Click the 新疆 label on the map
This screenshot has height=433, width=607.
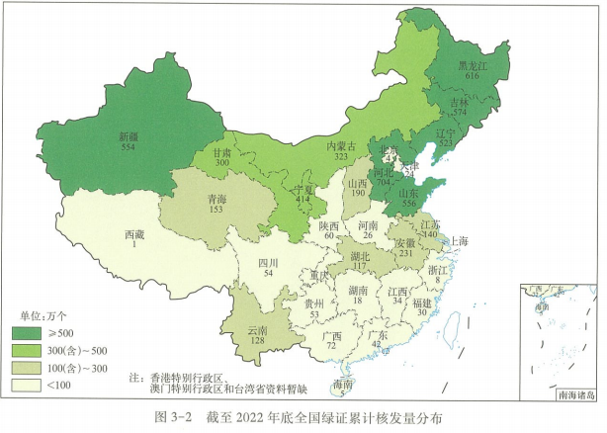(x=129, y=136)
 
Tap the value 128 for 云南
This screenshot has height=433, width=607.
(x=258, y=341)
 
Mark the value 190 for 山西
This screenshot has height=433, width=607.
(x=358, y=195)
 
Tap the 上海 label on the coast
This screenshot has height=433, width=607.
(x=460, y=240)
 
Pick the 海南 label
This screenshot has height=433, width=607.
(x=342, y=384)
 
